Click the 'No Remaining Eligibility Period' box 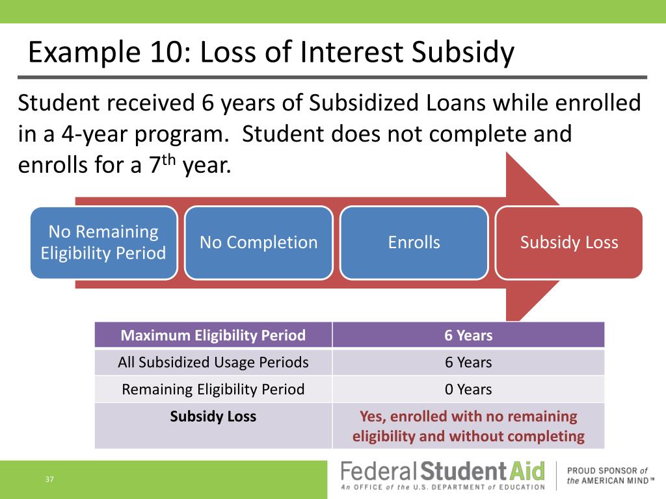[103, 242]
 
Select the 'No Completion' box [259, 242]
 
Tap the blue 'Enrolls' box [414, 242]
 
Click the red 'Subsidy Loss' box [568, 242]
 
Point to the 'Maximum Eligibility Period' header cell [213, 335]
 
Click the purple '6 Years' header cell [468, 335]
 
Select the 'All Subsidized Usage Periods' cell [213, 362]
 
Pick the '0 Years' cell [468, 389]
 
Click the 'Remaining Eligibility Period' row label [213, 389]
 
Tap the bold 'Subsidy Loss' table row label [213, 416]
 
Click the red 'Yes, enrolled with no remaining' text [468, 416]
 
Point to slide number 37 [49, 479]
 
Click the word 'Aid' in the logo [527, 471]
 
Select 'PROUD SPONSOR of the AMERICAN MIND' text [610, 476]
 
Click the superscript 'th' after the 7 [168, 160]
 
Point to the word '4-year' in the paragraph [95, 134]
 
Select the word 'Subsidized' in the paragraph [364, 103]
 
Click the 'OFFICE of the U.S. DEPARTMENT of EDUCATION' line [443, 487]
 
